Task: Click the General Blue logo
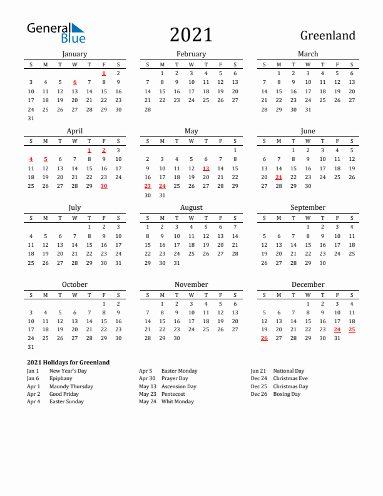[x=55, y=33]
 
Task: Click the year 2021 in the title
[x=191, y=35]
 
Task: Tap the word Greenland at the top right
[x=327, y=36]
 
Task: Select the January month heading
[x=74, y=54]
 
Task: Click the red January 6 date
[x=74, y=82]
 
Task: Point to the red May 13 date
[x=206, y=168]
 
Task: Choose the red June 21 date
[x=278, y=177]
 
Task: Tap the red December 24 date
[x=337, y=329]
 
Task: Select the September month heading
[x=308, y=207]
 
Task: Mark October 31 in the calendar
[x=31, y=347]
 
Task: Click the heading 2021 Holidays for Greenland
[x=68, y=362]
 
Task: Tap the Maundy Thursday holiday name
[x=71, y=386]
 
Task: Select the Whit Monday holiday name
[x=177, y=401]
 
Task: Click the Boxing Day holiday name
[x=287, y=394]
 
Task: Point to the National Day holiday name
[x=289, y=371]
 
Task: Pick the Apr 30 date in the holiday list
[x=146, y=378]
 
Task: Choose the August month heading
[x=191, y=207]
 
